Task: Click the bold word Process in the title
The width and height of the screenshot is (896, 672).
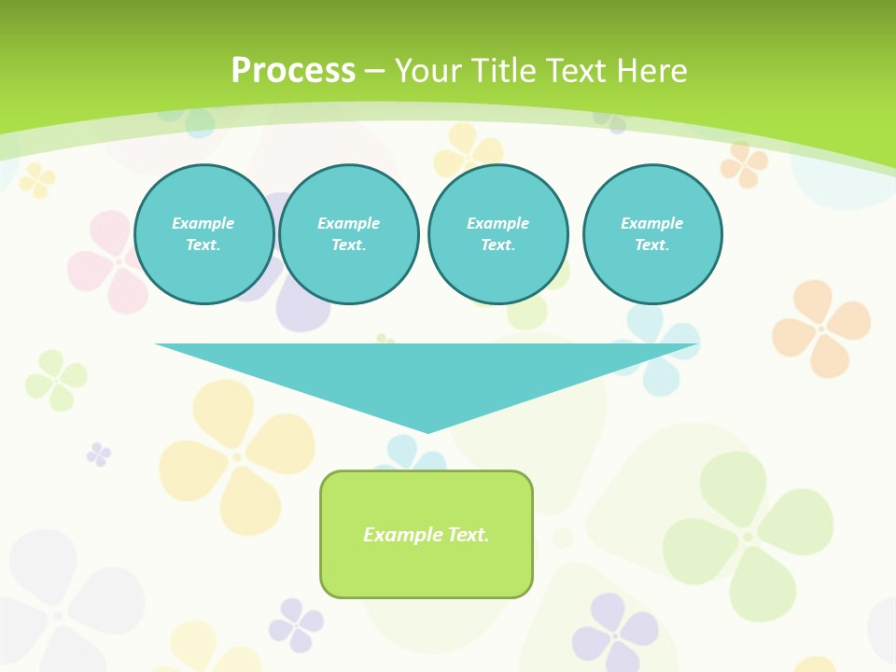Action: coord(293,71)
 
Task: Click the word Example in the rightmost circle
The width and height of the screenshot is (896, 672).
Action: coord(652,223)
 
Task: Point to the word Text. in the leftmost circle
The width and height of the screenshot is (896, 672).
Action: coord(203,245)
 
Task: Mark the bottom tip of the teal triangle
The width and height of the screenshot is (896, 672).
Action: coord(427,431)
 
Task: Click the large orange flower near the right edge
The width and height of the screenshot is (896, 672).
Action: coord(821,328)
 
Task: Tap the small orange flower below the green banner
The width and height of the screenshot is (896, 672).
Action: coord(744,164)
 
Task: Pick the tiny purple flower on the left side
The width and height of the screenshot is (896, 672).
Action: coord(98,455)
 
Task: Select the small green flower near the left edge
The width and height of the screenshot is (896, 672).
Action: coord(57,380)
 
